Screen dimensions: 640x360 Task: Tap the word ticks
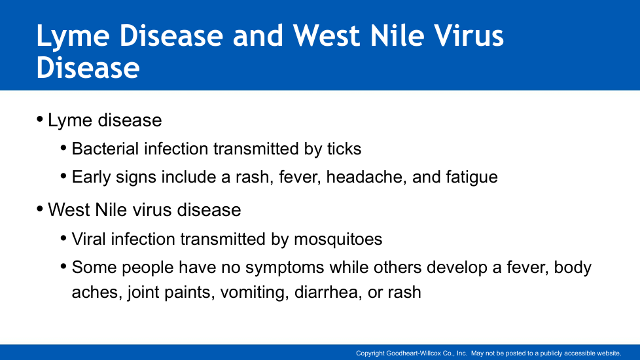[x=344, y=149]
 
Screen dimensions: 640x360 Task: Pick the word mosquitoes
[x=338, y=239]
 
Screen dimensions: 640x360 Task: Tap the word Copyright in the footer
[x=370, y=353]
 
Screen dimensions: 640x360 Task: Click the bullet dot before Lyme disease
[x=40, y=120]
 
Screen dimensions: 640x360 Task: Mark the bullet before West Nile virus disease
[x=40, y=209]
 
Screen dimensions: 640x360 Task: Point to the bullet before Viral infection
[x=63, y=238]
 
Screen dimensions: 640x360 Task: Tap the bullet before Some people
[x=63, y=266]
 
